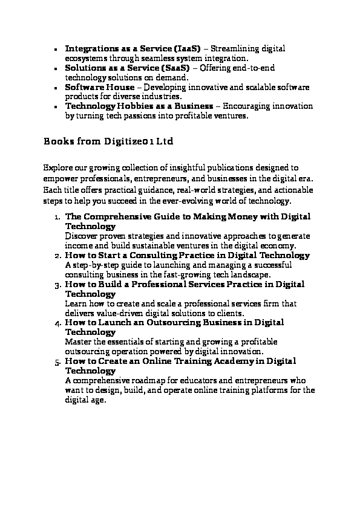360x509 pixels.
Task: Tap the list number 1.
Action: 56,216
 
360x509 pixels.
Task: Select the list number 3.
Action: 56,284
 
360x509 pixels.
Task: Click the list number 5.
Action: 56,361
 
